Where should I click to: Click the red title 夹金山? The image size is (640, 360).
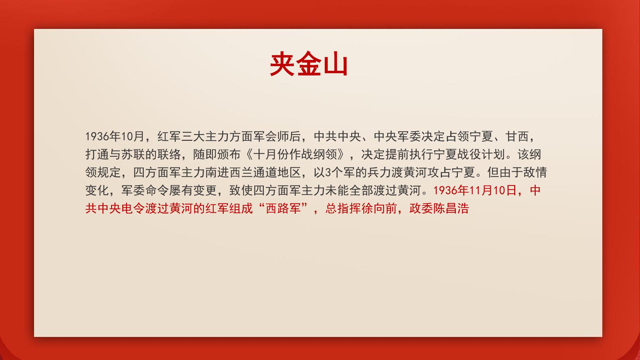309,64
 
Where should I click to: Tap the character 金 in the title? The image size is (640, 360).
309,64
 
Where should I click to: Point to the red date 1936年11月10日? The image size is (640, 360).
475,190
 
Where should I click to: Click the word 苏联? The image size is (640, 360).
133,155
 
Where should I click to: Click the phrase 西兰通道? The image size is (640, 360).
253,172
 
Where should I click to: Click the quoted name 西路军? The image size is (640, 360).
283,208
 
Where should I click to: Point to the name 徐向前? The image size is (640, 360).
379,208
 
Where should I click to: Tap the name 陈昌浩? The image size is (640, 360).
451,208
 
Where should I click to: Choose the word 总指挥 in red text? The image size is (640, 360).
343,208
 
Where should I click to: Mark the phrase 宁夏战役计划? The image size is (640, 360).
469,155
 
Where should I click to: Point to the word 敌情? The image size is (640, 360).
535,172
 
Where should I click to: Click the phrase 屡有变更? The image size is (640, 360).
193,190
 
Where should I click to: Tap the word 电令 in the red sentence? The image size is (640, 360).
133,208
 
